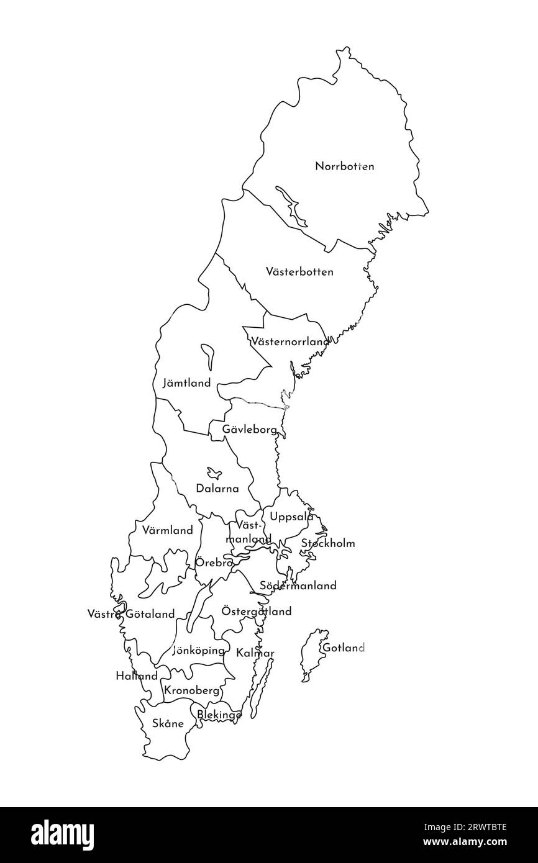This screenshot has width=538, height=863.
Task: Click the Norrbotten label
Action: (x=344, y=166)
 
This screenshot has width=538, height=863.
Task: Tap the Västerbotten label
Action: (x=299, y=272)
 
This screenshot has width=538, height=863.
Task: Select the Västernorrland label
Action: (x=290, y=341)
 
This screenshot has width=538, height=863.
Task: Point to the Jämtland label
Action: (x=186, y=383)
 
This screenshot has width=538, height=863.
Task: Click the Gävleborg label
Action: (x=250, y=429)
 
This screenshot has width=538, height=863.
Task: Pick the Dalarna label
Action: (x=217, y=489)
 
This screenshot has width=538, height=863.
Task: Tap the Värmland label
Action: (x=167, y=531)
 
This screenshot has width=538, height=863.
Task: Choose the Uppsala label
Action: (x=291, y=517)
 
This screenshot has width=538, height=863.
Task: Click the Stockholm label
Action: (x=328, y=544)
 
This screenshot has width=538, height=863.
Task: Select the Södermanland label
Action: (x=298, y=585)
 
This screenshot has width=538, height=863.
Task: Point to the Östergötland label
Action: (x=257, y=612)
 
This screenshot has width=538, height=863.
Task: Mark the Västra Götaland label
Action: (x=131, y=615)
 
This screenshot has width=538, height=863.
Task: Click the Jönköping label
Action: (x=198, y=651)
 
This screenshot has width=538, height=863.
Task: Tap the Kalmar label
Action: (x=255, y=653)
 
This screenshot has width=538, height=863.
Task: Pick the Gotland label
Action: (x=343, y=648)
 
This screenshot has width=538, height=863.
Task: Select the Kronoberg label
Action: (x=192, y=690)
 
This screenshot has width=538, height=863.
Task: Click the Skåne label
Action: (x=168, y=723)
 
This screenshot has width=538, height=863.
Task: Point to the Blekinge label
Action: (x=219, y=715)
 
